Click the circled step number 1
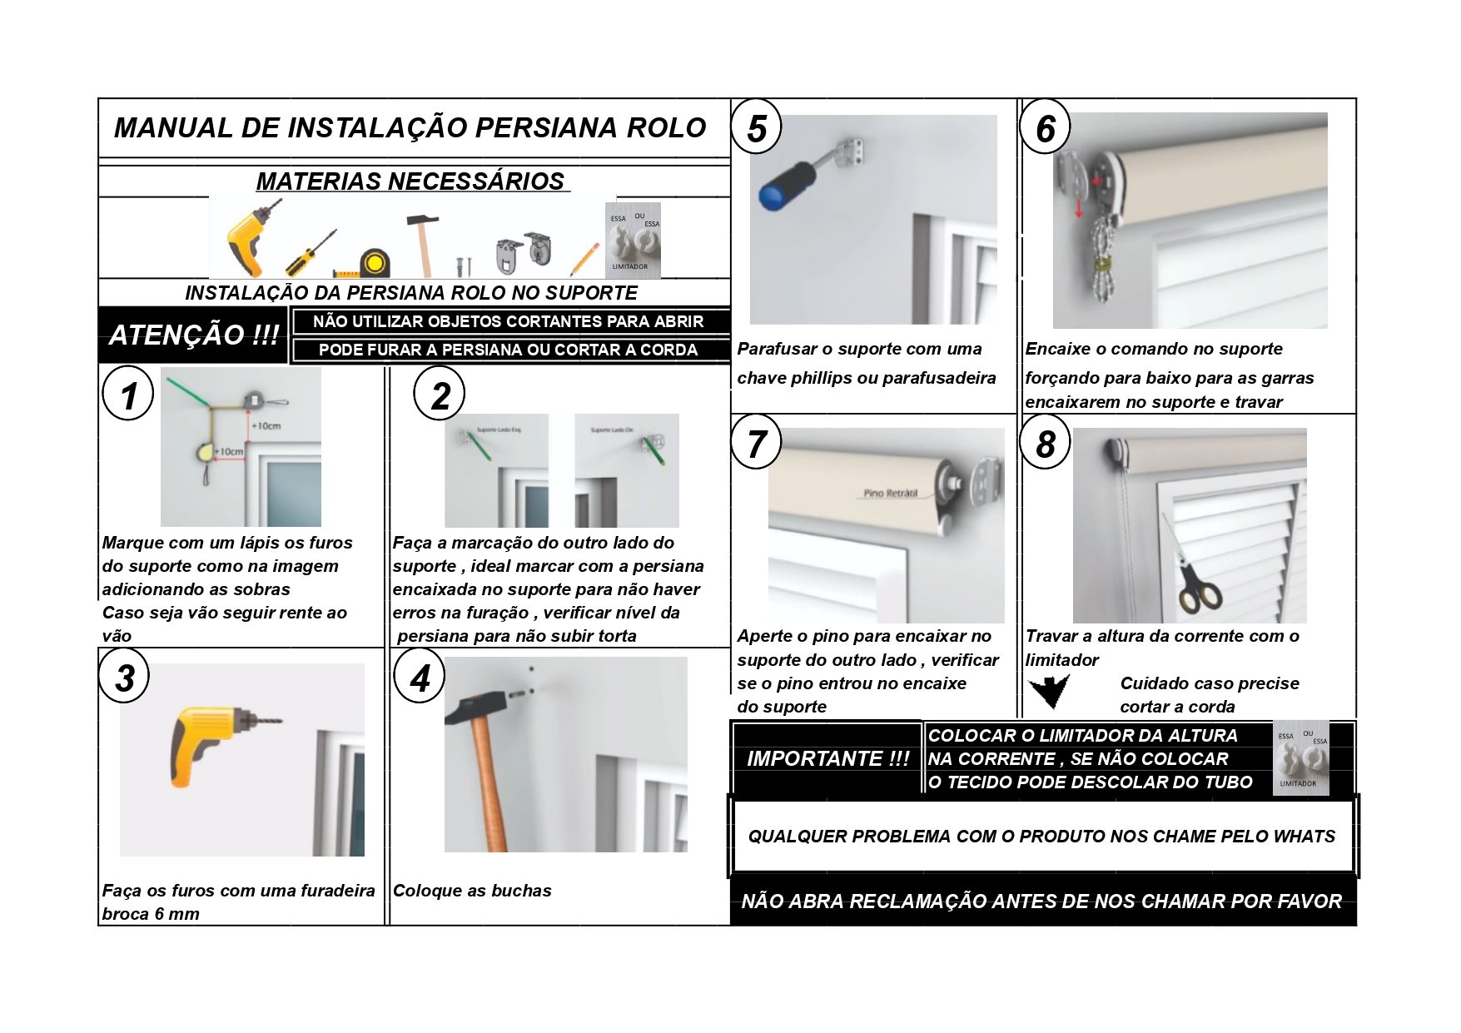click(x=127, y=395)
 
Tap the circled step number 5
click(x=756, y=128)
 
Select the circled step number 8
click(x=1046, y=444)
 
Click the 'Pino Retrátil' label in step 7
click(x=890, y=493)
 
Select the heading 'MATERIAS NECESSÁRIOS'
click(x=410, y=181)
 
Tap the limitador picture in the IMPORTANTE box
click(x=1300, y=758)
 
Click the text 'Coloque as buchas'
click(x=472, y=891)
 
